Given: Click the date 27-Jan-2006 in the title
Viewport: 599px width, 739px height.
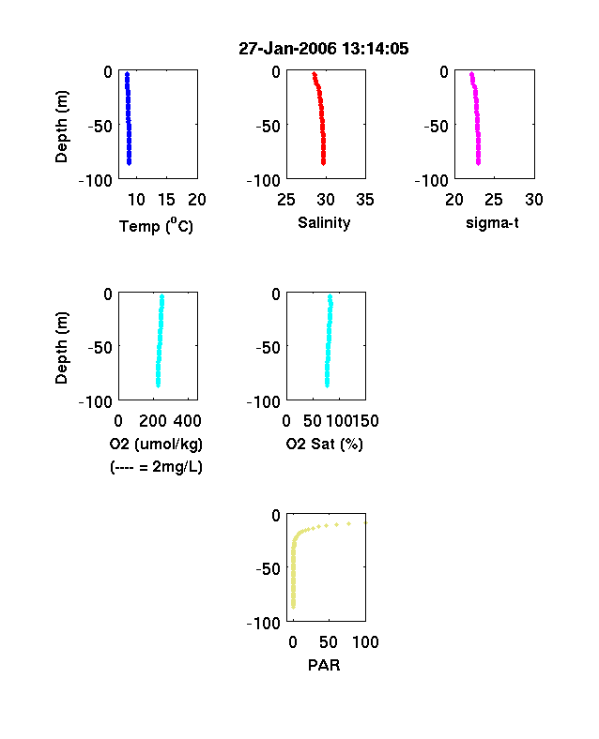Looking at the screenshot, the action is click(x=287, y=49).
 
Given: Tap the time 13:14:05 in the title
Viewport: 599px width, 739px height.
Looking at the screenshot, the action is click(x=375, y=49).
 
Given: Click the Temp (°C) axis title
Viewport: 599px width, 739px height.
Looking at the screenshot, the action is click(x=156, y=226).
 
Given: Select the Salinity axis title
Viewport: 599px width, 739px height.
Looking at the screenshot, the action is click(x=324, y=222).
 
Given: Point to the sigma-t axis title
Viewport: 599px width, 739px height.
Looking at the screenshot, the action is click(x=492, y=223).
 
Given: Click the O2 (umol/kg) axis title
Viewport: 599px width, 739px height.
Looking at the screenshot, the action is click(x=156, y=444).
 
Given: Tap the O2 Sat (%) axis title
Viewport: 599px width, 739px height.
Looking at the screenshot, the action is click(x=325, y=444).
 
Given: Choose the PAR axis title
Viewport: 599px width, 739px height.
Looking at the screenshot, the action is click(x=324, y=665).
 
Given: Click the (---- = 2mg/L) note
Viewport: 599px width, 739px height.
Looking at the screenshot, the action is click(x=156, y=467).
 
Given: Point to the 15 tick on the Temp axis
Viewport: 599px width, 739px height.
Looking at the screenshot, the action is click(x=166, y=200).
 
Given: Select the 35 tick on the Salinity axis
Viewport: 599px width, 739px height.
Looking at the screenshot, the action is click(x=365, y=200).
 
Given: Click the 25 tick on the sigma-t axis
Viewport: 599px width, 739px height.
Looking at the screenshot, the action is click(x=494, y=200).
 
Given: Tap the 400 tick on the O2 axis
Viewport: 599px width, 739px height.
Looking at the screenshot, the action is click(x=188, y=421).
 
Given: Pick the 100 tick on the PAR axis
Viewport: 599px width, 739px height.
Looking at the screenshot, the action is click(x=365, y=641).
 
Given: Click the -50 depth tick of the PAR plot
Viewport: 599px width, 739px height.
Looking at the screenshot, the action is click(x=268, y=569).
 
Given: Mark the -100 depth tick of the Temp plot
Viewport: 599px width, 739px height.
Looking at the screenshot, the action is click(x=96, y=180).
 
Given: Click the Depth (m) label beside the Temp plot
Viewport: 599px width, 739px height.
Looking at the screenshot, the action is click(x=61, y=127).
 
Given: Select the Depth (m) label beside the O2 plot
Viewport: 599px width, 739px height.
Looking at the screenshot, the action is click(x=61, y=348).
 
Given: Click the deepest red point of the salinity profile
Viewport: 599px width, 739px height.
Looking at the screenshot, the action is click(x=324, y=163).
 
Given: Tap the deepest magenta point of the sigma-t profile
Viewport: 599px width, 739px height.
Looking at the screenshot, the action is click(x=478, y=163).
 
